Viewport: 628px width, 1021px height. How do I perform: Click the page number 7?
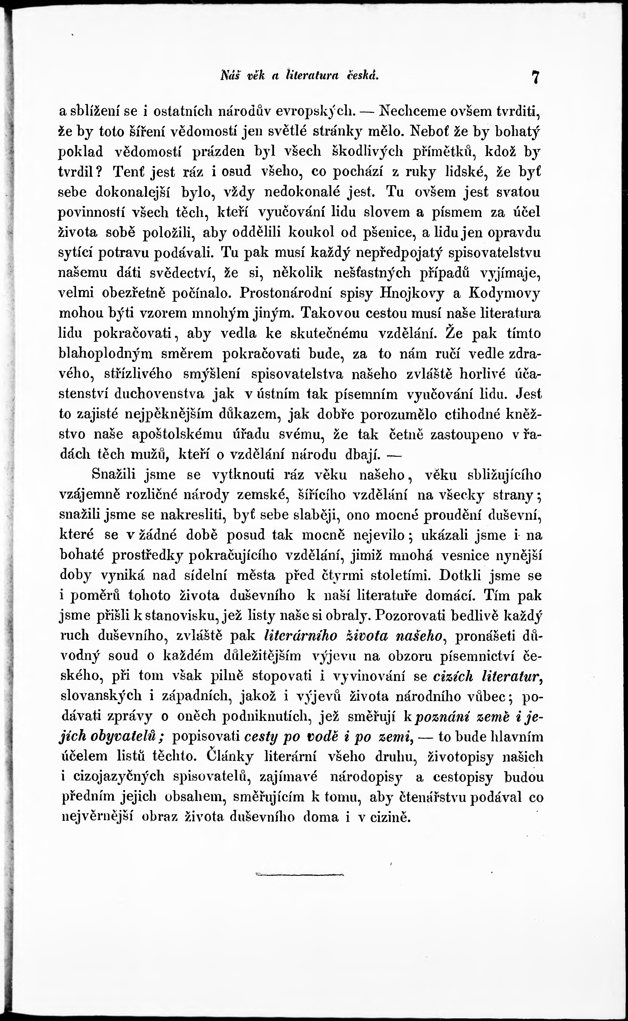tap(535, 78)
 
